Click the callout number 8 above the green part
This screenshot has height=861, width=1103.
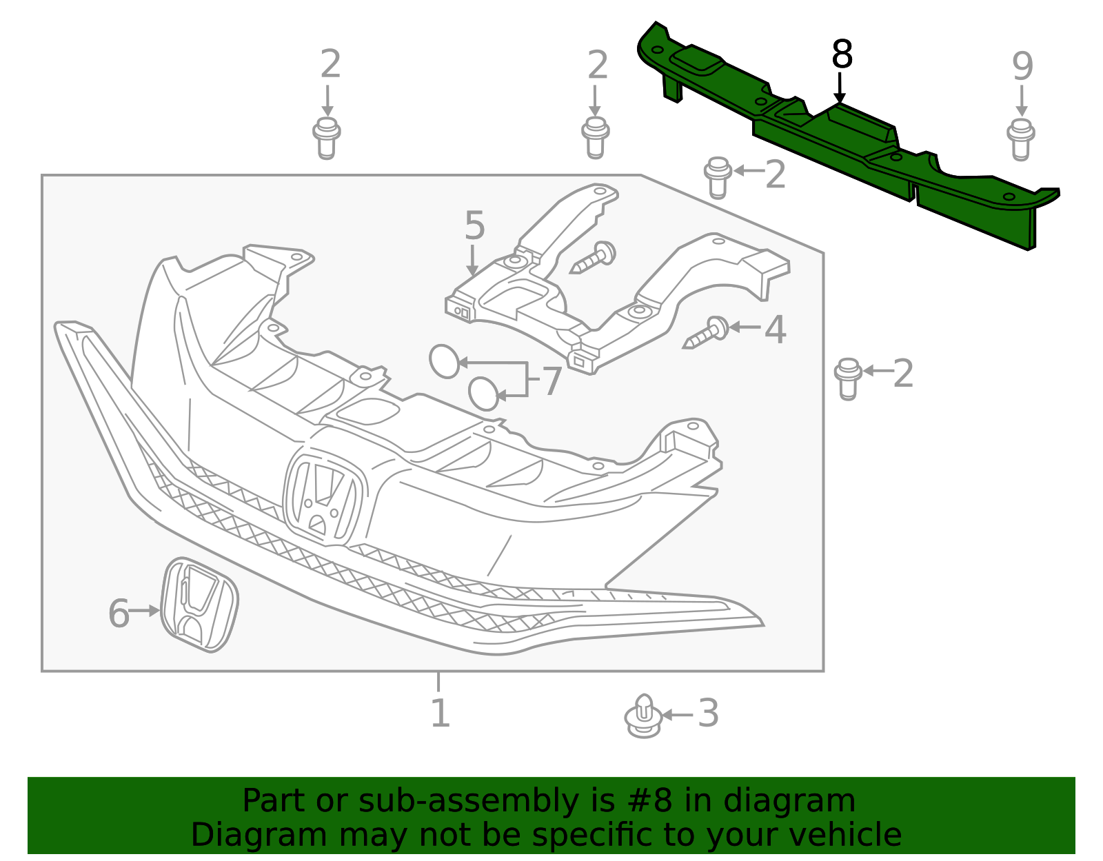[x=842, y=54]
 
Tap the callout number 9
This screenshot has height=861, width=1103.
[x=1022, y=67]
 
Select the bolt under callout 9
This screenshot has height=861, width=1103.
[x=1021, y=139]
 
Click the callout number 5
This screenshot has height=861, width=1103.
[x=474, y=225]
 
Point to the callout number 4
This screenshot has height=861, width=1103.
[x=776, y=330]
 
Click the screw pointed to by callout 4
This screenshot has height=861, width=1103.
[x=707, y=334]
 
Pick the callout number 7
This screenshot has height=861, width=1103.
[x=552, y=381]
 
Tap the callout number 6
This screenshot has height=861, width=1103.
[x=119, y=614]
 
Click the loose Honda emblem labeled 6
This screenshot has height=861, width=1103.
[x=199, y=605]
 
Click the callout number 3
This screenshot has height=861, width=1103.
[x=709, y=713]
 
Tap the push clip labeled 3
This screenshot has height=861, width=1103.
[x=643, y=716]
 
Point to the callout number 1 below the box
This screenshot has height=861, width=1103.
[x=440, y=713]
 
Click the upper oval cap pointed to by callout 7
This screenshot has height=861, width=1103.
[x=444, y=361]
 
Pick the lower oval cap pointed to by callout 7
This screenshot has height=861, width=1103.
[x=483, y=394]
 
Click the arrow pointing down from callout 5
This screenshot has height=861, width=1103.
[x=472, y=262]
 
